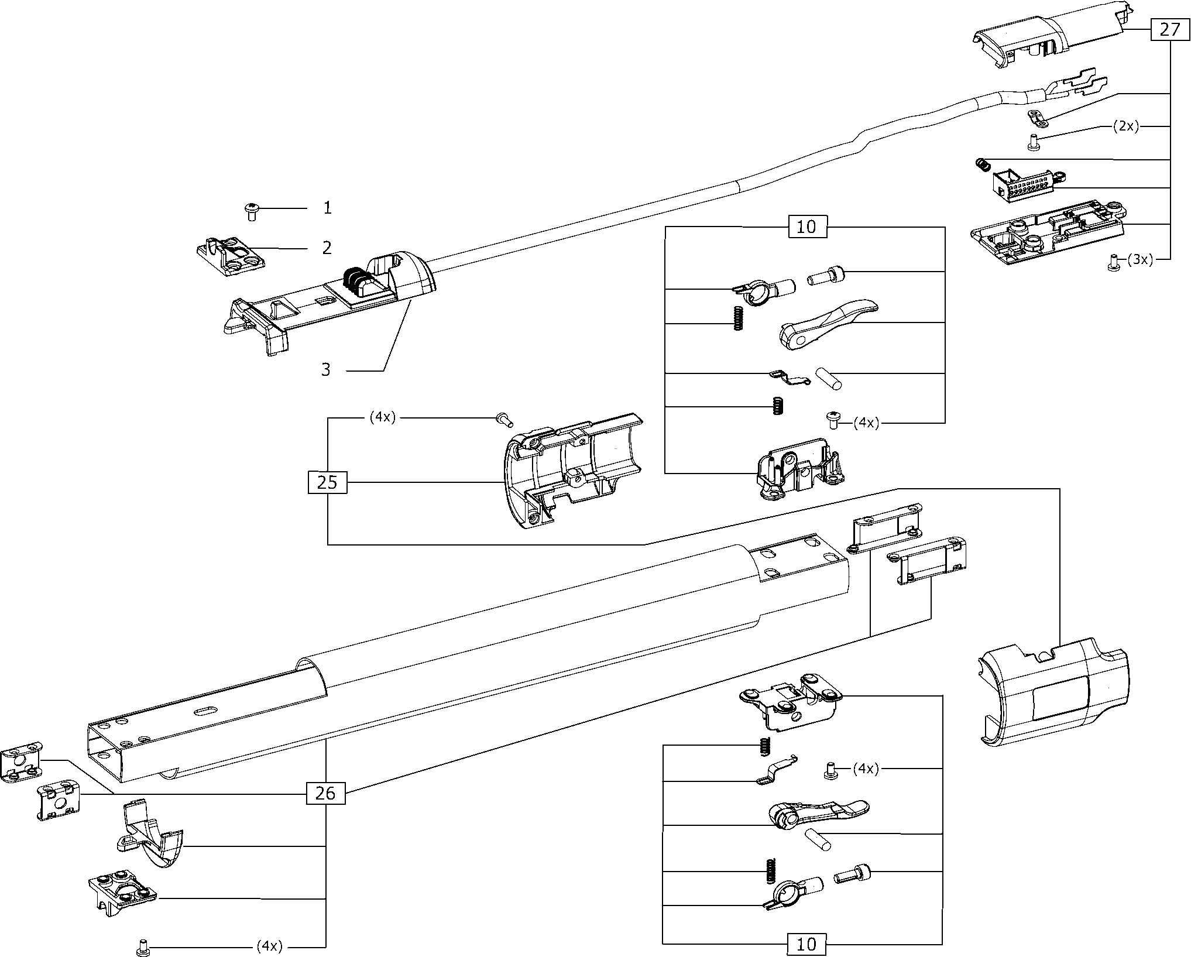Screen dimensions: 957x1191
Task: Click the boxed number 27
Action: click(1169, 30)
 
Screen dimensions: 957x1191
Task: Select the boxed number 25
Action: click(327, 482)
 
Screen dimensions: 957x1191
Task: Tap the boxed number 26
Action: click(325, 793)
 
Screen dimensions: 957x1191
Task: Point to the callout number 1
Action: click(328, 208)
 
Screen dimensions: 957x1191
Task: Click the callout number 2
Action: click(327, 248)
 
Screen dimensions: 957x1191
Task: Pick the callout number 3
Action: click(326, 370)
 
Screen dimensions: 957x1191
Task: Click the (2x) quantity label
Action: click(1126, 127)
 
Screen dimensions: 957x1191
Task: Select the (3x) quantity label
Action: click(1139, 260)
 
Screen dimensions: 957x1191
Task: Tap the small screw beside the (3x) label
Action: click(1113, 262)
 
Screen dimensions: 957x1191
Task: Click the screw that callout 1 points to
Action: click(252, 210)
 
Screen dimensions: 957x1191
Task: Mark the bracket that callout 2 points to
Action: click(230, 255)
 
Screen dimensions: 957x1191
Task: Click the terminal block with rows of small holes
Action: click(1024, 185)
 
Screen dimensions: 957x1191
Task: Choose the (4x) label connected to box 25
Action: click(382, 418)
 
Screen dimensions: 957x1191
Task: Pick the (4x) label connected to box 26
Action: click(269, 945)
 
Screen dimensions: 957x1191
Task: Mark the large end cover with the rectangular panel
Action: click(1053, 694)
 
